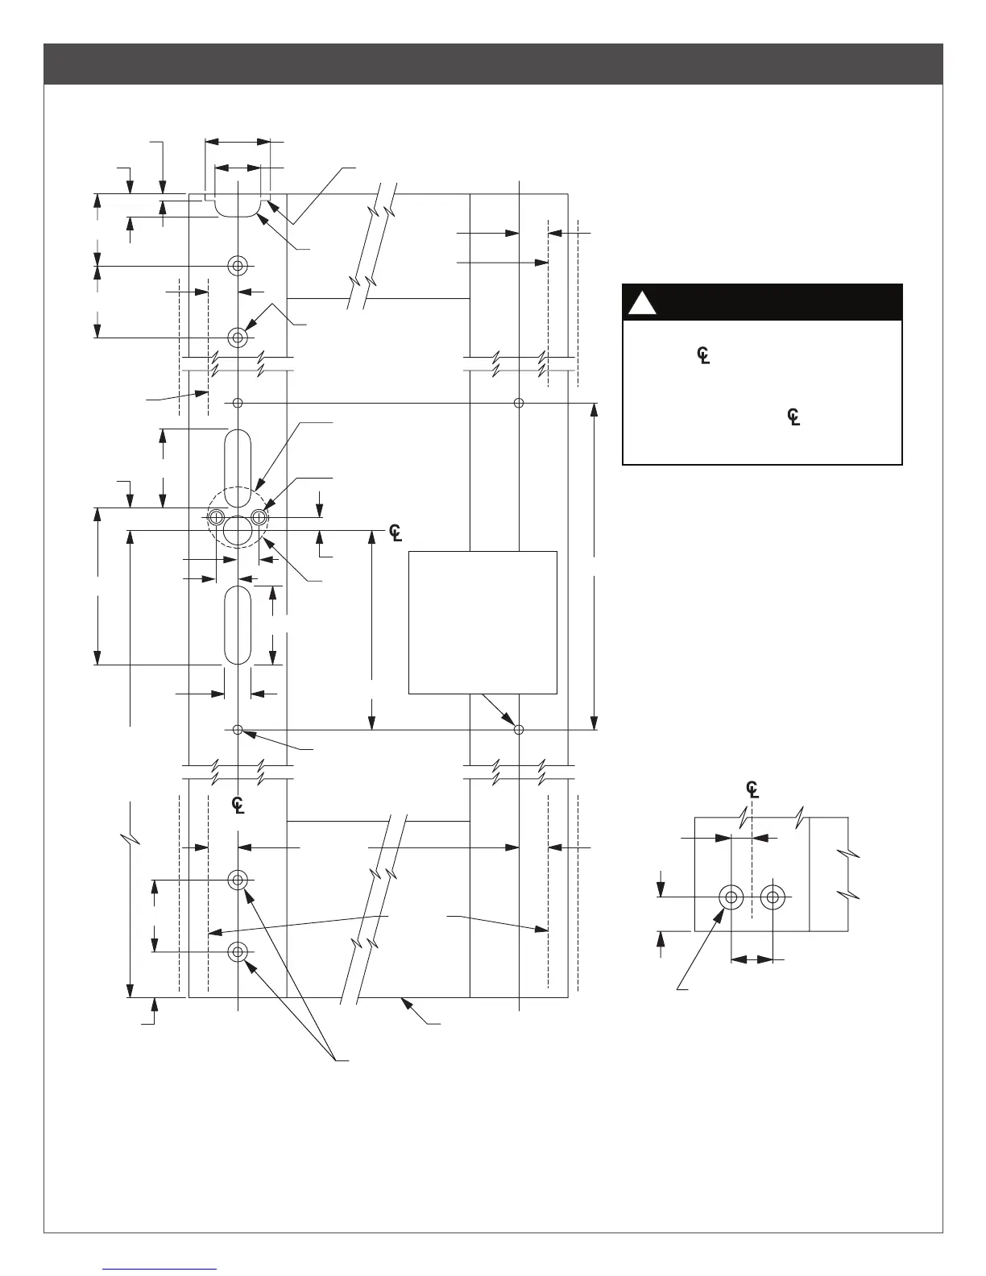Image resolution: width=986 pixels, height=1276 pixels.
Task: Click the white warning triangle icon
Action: [641, 303]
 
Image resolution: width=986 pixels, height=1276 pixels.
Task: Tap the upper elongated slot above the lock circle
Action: [238, 456]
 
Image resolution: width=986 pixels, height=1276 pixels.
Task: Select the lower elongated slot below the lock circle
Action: [238, 625]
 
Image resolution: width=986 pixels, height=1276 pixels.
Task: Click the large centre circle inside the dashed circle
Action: [238, 531]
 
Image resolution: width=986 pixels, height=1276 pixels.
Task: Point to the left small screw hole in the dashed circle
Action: [216, 516]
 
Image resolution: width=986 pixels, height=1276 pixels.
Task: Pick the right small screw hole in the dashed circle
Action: [259, 516]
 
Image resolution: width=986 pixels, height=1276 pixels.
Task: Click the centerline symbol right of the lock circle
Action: [396, 532]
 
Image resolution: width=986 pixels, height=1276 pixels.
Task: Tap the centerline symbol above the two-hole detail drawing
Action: [752, 789]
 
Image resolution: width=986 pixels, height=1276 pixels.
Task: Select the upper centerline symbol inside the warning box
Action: [703, 355]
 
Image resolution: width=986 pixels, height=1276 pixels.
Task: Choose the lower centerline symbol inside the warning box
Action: [793, 417]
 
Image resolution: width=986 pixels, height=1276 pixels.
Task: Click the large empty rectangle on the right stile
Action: [483, 622]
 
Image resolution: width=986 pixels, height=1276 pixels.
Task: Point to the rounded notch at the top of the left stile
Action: [237, 204]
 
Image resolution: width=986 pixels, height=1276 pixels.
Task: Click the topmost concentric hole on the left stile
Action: [238, 266]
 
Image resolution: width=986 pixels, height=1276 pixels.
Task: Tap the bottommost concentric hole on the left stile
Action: [238, 952]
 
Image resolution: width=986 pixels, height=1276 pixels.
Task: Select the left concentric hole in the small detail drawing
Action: [731, 897]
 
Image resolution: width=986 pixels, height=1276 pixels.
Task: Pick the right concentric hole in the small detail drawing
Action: [773, 897]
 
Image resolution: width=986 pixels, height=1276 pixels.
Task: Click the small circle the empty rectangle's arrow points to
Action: [519, 730]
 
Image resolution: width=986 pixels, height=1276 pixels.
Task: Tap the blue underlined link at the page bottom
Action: [160, 1268]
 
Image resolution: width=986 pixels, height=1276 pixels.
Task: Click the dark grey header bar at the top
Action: [493, 64]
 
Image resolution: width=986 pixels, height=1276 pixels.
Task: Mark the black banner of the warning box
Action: [762, 302]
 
